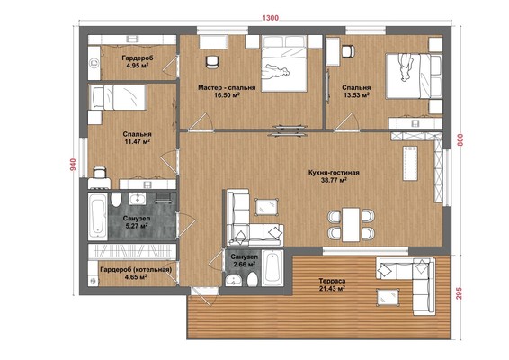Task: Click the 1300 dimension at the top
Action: pos(270,18)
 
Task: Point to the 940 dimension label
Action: pos(74,165)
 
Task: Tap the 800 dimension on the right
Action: pos(460,140)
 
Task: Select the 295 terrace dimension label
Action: pos(460,293)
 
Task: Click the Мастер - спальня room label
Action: pos(227,87)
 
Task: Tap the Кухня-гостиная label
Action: pos(334,173)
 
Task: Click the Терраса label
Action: pos(332,281)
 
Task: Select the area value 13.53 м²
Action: pos(356,95)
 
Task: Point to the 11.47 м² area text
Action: pos(137,141)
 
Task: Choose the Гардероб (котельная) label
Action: pos(136,270)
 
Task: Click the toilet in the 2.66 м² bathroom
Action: pos(252,279)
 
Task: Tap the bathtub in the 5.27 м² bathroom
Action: pos(97,216)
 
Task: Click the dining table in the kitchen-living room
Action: pos(351,224)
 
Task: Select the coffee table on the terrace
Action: pos(388,297)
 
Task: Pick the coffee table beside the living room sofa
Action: pos(266,207)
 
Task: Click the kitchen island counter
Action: pos(410,163)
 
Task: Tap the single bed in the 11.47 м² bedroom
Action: pos(118,97)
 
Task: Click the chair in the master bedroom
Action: pos(212,62)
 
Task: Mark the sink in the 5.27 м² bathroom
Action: pos(137,198)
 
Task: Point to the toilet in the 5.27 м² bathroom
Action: pos(116,199)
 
